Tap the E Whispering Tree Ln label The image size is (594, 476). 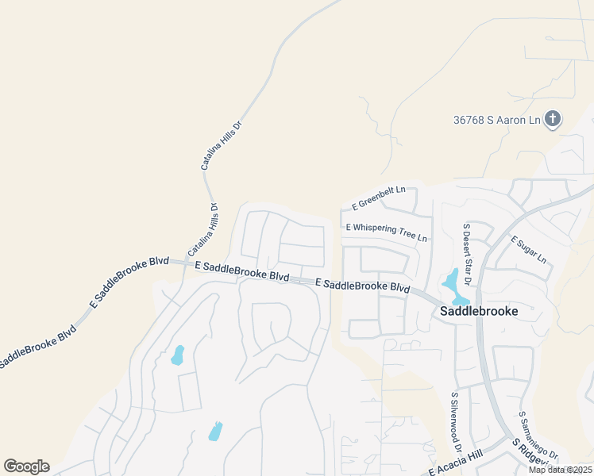pyautogui.click(x=386, y=232)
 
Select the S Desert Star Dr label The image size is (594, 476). pyautogui.click(x=467, y=254)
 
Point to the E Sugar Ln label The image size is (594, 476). pyautogui.click(x=529, y=249)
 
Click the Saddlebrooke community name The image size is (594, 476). pyautogui.click(x=478, y=311)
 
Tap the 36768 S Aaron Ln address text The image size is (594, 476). pyautogui.click(x=496, y=120)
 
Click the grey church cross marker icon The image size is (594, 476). pyautogui.click(x=553, y=120)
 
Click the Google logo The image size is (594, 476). pyautogui.click(x=26, y=466)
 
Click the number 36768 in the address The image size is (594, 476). pyautogui.click(x=469, y=120)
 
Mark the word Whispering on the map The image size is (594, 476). pyautogui.click(x=379, y=231)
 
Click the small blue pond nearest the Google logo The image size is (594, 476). pyautogui.click(x=214, y=432)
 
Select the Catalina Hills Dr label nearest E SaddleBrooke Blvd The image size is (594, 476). pyautogui.click(x=202, y=230)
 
